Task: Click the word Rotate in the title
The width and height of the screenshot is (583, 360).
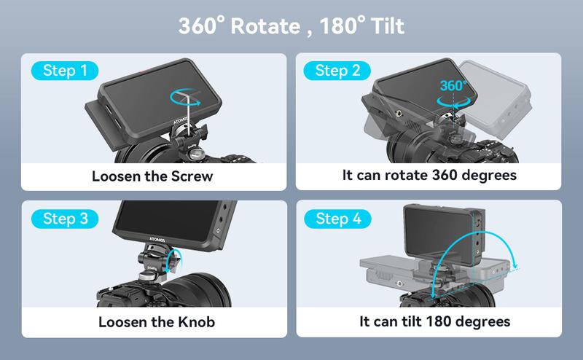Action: pos(267,27)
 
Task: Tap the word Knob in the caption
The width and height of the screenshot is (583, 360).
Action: pos(194,321)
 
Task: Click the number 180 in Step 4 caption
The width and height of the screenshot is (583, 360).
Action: pos(445,321)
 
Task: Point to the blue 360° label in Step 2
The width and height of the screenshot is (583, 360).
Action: pos(453,86)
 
